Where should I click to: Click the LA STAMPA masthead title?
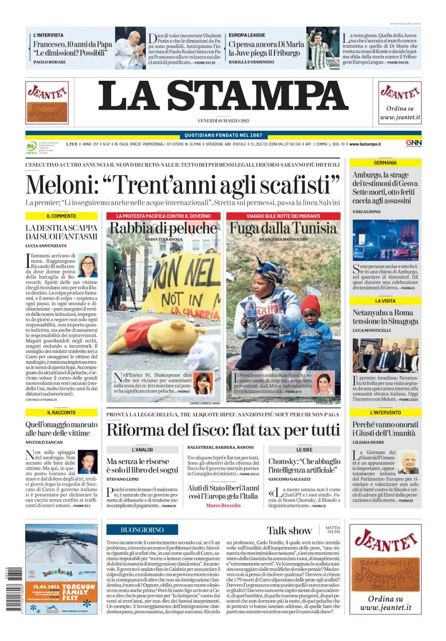[x=223, y=96]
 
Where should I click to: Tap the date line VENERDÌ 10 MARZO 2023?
[x=223, y=121]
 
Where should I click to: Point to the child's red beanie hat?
[x=310, y=306]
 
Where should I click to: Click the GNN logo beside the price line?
[x=414, y=143]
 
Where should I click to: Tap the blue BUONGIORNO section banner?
[x=142, y=530]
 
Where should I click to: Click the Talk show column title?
[x=289, y=530]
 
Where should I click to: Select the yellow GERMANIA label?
[x=385, y=163]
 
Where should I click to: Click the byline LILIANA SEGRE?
[x=368, y=442]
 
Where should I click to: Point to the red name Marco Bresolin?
[x=223, y=506]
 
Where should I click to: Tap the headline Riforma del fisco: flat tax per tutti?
[x=223, y=430]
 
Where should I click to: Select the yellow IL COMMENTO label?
[x=61, y=216]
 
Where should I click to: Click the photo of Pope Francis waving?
[x=130, y=48]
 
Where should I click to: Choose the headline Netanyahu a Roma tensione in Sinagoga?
[x=385, y=317]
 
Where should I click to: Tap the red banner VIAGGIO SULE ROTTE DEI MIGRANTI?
[x=283, y=216]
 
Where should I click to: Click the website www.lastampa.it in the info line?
[x=365, y=144]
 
